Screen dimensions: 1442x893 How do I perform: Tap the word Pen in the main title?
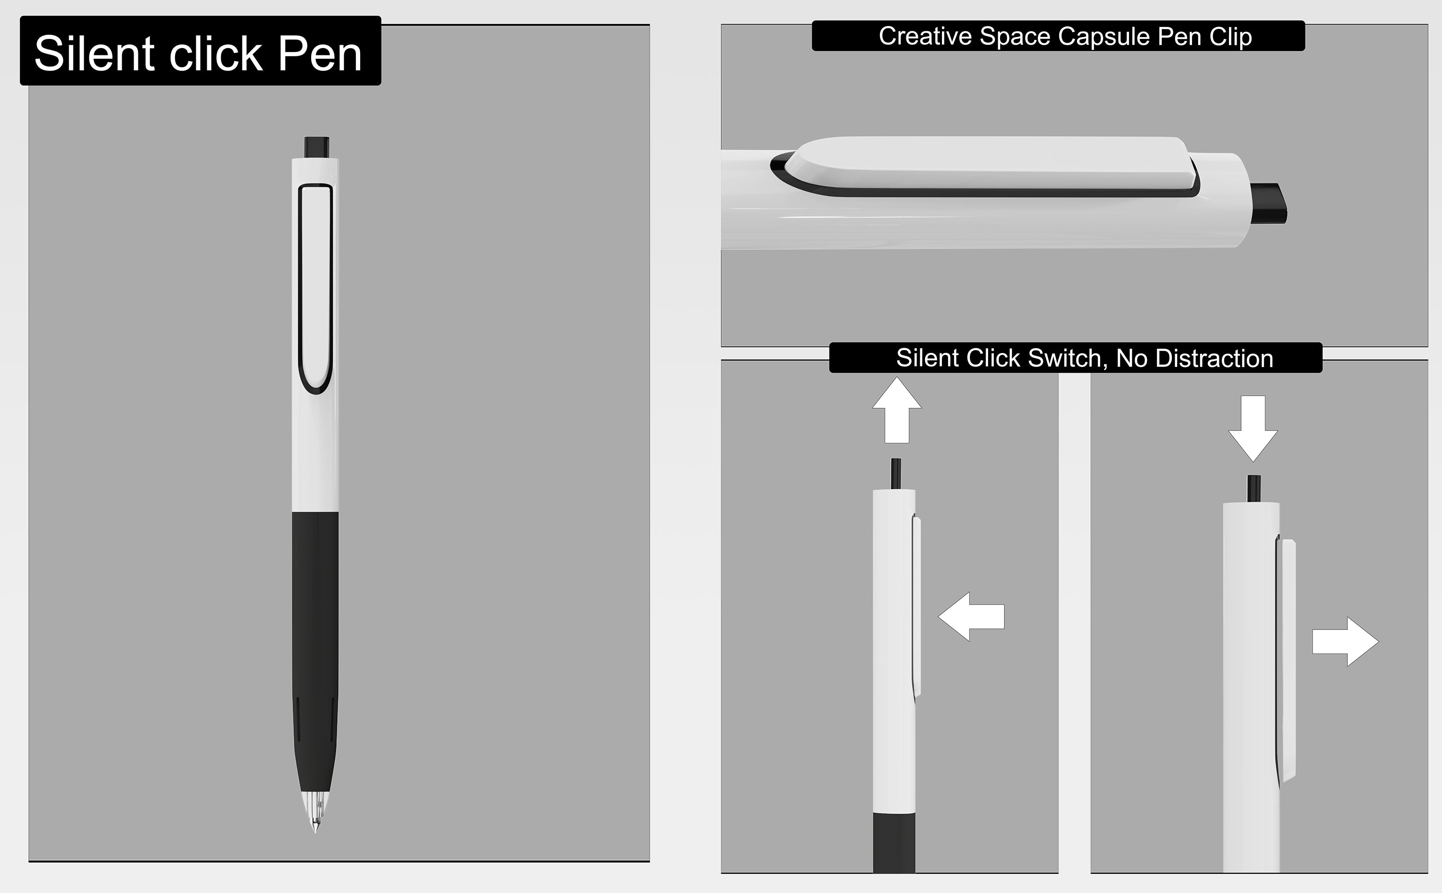319,54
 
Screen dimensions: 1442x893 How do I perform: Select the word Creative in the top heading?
926,36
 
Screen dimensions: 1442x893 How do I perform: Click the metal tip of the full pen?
315,813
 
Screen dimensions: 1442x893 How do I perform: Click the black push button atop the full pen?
316,147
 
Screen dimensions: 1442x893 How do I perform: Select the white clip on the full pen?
316,288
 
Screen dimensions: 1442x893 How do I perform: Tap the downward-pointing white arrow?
1253,429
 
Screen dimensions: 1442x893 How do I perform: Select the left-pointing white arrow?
971,616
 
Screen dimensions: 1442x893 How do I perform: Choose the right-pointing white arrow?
1345,641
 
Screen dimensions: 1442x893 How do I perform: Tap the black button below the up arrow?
896,474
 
